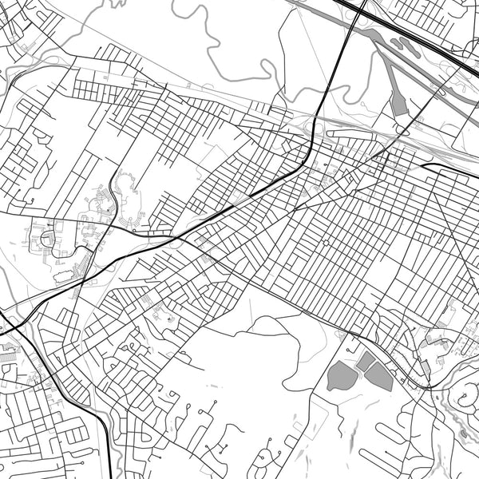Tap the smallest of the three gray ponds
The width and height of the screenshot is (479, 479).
(366, 362)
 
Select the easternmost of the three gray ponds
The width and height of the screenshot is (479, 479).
(380, 376)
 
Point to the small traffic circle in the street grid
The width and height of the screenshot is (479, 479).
(325, 242)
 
